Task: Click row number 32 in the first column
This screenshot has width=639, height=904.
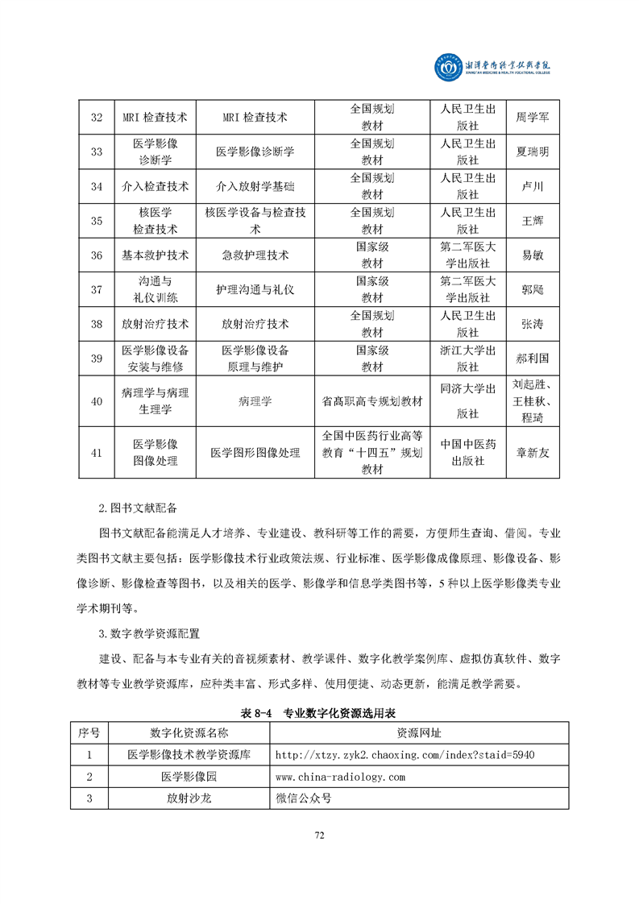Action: [x=97, y=118]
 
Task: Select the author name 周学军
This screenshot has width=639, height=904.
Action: [x=533, y=118]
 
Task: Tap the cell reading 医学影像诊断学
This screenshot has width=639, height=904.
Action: [x=255, y=151]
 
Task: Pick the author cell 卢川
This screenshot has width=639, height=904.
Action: [x=533, y=186]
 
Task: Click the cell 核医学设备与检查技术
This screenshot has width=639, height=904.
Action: [x=255, y=221]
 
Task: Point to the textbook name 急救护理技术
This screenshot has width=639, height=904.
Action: [x=255, y=255]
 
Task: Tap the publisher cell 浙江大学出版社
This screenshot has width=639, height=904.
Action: [x=467, y=359]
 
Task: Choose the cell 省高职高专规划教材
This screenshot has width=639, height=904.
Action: [x=372, y=401]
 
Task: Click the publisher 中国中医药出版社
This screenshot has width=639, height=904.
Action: [x=467, y=452]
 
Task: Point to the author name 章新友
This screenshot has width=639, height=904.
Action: [x=533, y=452]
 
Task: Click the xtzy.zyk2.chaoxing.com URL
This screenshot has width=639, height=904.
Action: [x=405, y=732]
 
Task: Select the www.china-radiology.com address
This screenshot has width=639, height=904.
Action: [x=340, y=754]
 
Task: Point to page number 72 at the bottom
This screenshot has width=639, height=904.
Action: [x=319, y=836]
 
